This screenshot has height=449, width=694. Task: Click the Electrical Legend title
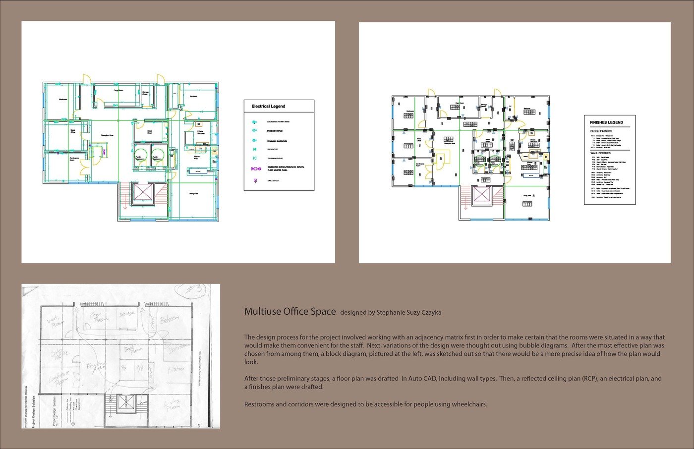click(x=268, y=106)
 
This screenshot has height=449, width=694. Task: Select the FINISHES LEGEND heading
click(x=606, y=122)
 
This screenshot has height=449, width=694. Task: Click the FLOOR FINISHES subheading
click(x=601, y=131)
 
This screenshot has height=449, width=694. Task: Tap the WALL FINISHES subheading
click(x=600, y=153)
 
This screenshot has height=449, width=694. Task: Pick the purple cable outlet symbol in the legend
click(x=255, y=181)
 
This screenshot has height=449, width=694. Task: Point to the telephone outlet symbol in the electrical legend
click(x=255, y=159)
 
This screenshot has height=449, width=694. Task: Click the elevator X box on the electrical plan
click(x=143, y=193)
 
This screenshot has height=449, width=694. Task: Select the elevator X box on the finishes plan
click(x=481, y=195)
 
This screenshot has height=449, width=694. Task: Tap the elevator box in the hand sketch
click(x=122, y=403)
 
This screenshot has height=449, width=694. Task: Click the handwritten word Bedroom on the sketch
click(x=170, y=321)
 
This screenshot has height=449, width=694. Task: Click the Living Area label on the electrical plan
click(x=193, y=193)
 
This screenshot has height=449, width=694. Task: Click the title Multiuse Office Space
click(x=289, y=312)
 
